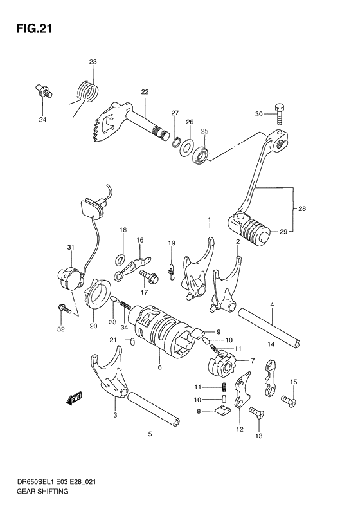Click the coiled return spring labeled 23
[85, 89]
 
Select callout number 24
[42, 120]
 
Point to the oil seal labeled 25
[202, 154]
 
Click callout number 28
[302, 209]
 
